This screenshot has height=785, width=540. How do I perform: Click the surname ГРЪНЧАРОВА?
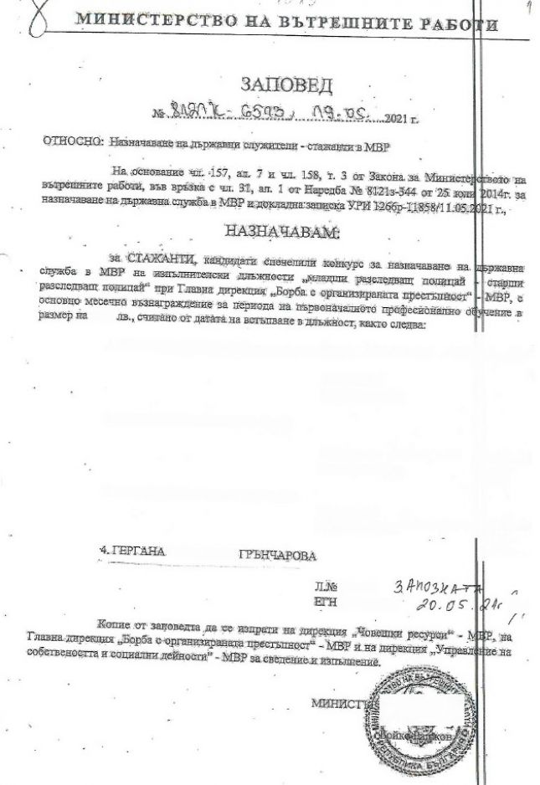click(x=272, y=555)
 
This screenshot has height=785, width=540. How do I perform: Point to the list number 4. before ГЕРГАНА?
click(x=105, y=552)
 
